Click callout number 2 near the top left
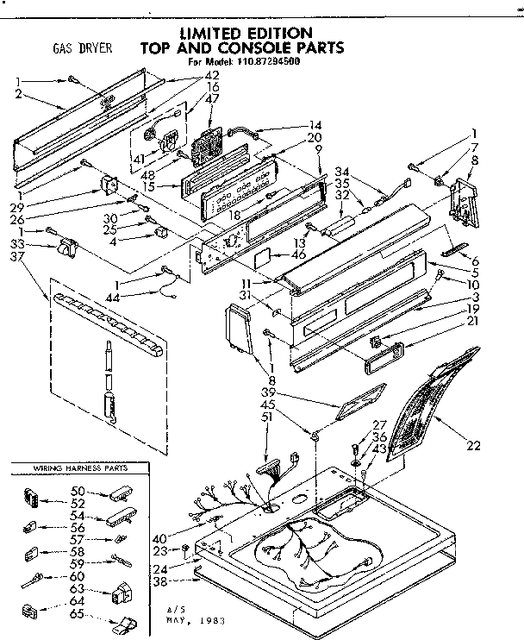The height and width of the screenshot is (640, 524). click(x=18, y=96)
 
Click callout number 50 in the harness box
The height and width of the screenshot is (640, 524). click(x=77, y=491)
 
